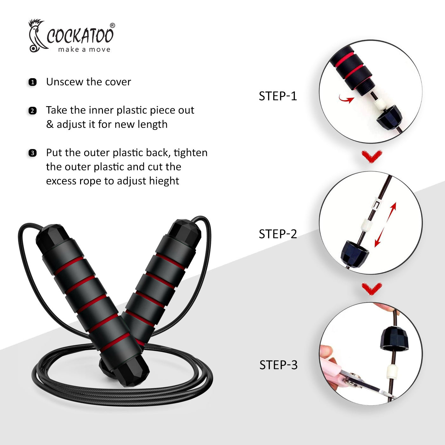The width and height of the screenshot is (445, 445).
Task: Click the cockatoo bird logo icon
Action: click(37, 36)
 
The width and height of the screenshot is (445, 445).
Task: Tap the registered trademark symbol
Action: click(112, 25)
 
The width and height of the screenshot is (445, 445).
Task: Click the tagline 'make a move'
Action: click(84, 49)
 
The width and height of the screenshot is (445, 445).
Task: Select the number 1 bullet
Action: click(32, 82)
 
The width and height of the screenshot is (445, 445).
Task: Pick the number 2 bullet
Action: click(32, 111)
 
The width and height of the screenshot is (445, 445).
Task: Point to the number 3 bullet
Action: click(32, 153)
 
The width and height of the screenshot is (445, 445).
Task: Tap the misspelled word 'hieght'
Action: click(164, 181)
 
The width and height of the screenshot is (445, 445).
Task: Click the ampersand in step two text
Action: click(50, 124)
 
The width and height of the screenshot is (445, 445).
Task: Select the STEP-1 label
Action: click(278, 96)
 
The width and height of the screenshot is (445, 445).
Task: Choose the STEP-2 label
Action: click(278, 234)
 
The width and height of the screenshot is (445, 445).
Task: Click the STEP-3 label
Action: click(278, 365)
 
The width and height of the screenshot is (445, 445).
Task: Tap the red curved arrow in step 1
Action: click(346, 99)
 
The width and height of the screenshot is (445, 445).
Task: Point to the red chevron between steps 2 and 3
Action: click(372, 289)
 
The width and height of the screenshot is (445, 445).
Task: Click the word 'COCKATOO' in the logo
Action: click(80, 36)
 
